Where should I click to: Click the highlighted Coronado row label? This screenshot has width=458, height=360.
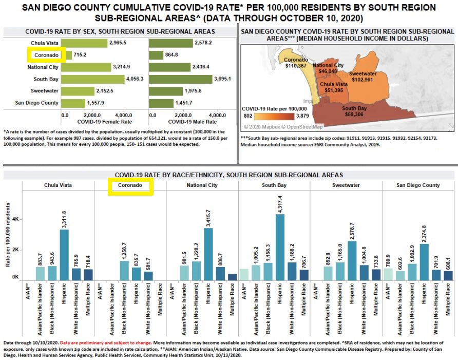(x=46, y=55)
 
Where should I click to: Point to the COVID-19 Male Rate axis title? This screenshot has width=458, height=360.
(x=192, y=122)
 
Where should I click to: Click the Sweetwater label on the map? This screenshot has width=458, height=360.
(x=363, y=73)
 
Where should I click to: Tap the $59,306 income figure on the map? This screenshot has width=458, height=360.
(x=354, y=115)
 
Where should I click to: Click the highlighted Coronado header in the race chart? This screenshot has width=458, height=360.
(x=130, y=185)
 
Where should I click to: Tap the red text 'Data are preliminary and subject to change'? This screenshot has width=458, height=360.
(x=106, y=342)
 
